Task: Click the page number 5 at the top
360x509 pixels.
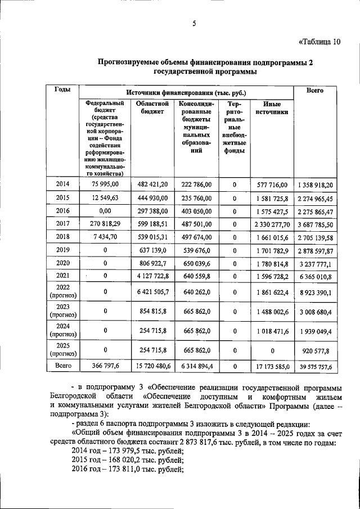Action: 193,22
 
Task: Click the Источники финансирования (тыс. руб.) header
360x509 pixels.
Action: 186,92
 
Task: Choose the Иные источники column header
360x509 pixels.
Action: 272,108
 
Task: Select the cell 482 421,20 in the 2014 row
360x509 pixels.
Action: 149,184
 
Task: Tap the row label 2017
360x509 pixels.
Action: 62,223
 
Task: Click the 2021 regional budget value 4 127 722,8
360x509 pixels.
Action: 149,276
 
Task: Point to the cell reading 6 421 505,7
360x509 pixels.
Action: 149,292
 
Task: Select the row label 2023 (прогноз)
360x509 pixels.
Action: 62,310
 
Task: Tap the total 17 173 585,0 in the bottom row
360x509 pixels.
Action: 272,367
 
